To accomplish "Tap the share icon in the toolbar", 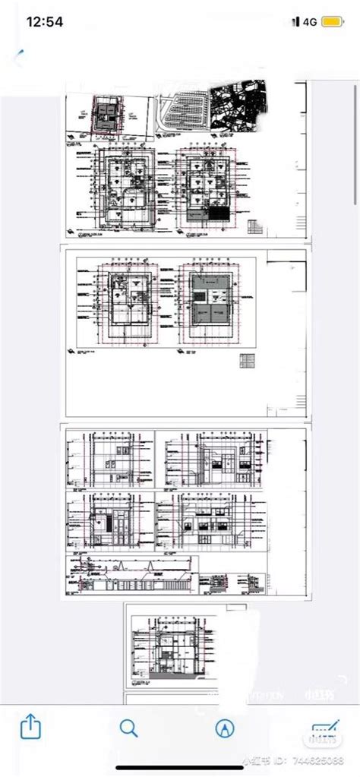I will click(30, 728).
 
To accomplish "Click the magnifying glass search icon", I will click(128, 728).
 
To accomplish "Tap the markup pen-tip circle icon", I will click(224, 728).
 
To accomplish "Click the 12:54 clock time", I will click(43, 22).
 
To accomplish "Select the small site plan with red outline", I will click(105, 115).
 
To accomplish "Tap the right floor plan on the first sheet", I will click(204, 184).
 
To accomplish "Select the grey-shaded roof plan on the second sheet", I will click(208, 298).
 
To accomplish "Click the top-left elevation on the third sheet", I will click(110, 460).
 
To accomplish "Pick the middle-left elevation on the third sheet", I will click(110, 520).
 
